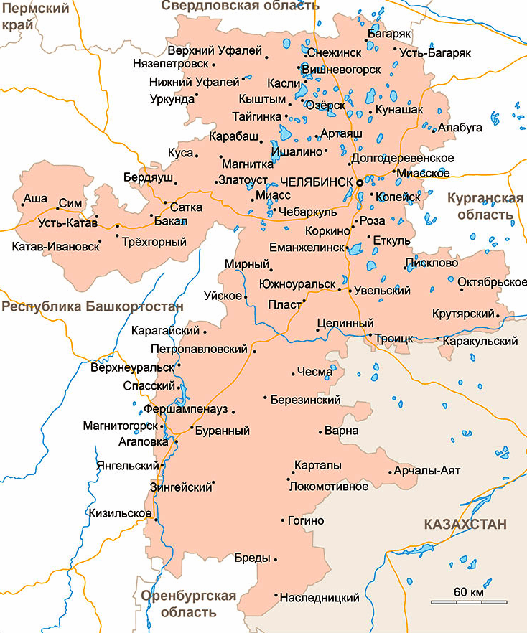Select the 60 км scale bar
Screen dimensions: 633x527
(469, 601)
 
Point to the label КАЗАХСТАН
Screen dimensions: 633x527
(465, 523)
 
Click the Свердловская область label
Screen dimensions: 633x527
(239, 6)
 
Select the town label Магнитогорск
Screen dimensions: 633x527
(120, 426)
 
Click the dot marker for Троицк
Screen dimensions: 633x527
(370, 335)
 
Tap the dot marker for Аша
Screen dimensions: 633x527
(22, 205)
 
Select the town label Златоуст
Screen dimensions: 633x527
(243, 179)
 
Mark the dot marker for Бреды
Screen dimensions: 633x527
(276, 559)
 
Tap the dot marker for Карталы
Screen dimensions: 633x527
(294, 473)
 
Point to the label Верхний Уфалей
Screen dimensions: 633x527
(215, 52)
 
